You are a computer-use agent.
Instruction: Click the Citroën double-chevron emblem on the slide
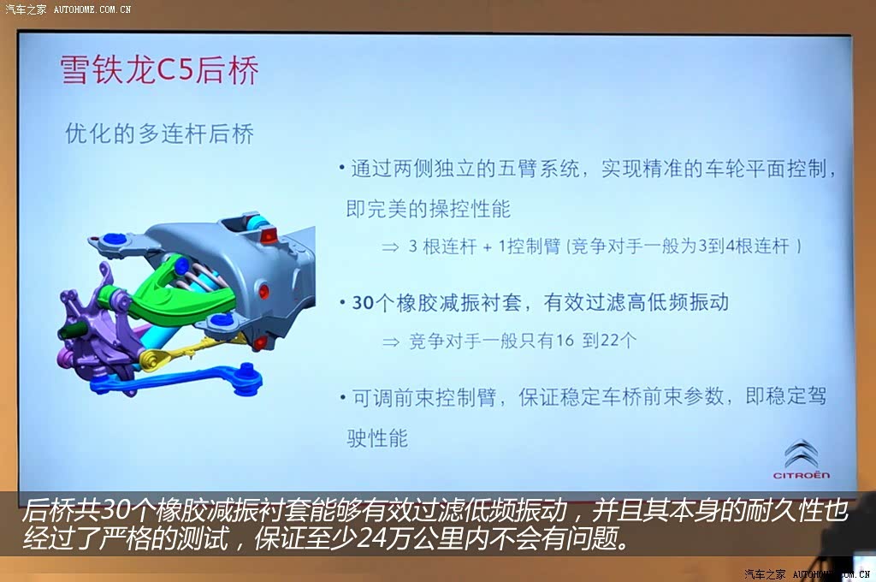pos(802,453)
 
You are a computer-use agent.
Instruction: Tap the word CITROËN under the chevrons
pos(801,475)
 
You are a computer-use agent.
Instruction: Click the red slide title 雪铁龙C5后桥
pos(159,70)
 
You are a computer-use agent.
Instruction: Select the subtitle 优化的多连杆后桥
pos(159,134)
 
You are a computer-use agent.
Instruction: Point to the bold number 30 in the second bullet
pos(363,302)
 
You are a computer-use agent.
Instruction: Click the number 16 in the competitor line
pos(565,340)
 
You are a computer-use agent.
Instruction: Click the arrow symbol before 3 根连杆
pos(390,246)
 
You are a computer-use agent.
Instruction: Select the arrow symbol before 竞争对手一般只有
pos(390,341)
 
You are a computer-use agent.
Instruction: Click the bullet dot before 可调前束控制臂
pos(342,397)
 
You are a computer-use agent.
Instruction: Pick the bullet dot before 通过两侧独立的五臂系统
pos(342,167)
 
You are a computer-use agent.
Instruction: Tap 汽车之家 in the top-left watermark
pos(26,9)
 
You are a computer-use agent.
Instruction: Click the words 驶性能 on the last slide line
pos(377,437)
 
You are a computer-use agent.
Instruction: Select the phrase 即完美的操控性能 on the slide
pos(428,209)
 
